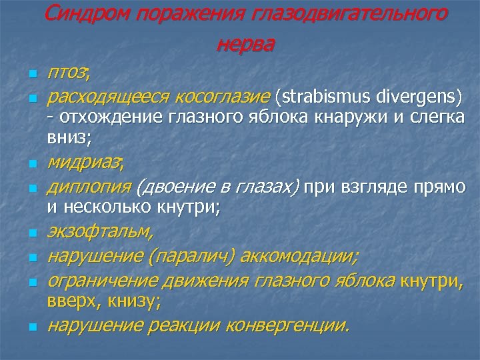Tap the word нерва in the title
pos(245,44)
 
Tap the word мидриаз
pos(83,161)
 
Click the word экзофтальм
pos(99,233)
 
